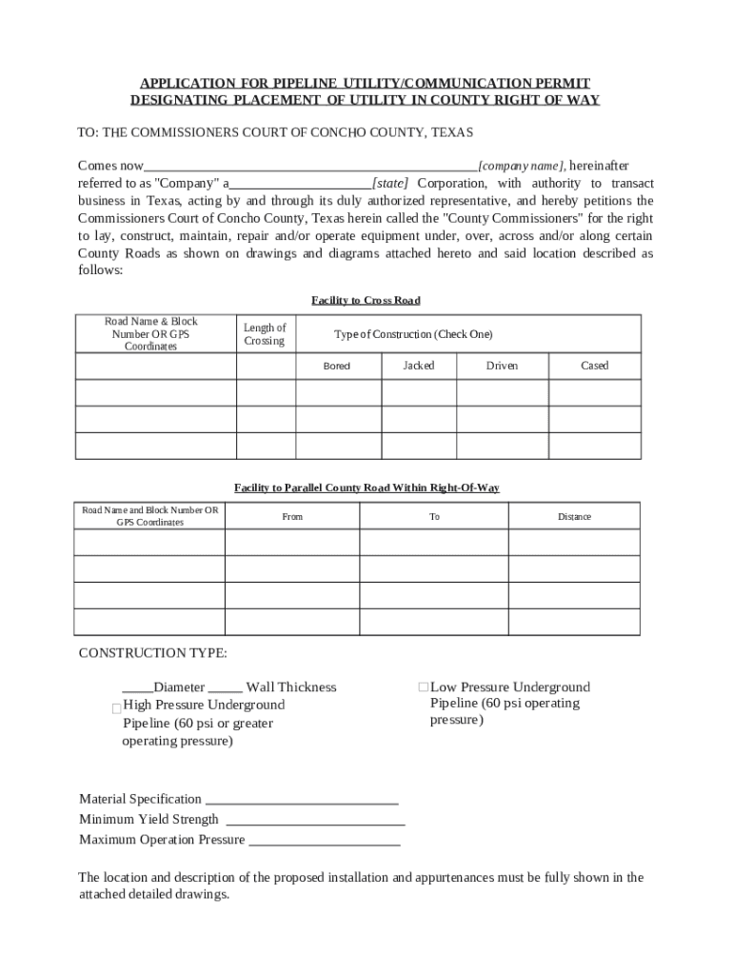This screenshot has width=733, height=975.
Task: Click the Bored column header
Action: [337, 367]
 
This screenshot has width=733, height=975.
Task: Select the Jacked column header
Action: [418, 366]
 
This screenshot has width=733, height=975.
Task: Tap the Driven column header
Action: [502, 366]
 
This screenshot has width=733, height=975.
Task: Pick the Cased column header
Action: [594, 366]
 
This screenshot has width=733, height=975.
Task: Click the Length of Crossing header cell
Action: [265, 334]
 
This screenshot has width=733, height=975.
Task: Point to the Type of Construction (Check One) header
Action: [413, 334]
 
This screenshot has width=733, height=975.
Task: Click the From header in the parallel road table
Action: [292, 516]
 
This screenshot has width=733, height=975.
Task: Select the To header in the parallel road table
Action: [434, 516]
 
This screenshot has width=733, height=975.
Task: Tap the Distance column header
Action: [574, 516]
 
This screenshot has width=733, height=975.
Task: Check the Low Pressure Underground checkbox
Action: [424, 687]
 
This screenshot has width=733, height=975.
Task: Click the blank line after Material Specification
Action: [302, 800]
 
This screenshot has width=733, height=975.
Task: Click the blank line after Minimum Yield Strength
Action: [316, 820]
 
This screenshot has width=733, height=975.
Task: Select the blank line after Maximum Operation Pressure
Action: [324, 841]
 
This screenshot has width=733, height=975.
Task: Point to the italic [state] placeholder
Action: [390, 183]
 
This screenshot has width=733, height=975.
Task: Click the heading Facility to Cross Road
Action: [366, 301]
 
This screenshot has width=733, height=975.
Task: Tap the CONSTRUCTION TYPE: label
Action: [152, 653]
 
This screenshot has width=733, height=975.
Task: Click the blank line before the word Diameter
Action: [137, 688]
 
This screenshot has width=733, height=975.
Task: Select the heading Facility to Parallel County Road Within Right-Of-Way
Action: [366, 487]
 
